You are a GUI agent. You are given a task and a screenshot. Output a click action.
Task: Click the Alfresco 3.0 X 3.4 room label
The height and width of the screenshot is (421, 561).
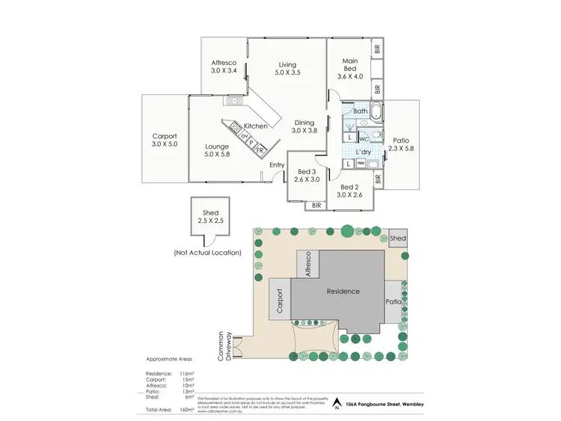[x=224, y=67]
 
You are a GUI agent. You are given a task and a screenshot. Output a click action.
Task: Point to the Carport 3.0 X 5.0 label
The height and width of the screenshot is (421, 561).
[x=165, y=140]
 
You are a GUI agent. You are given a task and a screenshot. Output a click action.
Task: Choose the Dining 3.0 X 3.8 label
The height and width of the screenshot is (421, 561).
[x=304, y=126]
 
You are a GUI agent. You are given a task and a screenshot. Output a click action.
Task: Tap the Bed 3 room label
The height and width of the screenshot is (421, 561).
[x=306, y=176]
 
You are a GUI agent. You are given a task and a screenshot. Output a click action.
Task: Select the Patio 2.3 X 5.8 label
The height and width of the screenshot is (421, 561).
[x=402, y=144]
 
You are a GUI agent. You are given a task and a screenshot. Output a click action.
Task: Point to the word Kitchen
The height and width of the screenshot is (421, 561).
[x=255, y=127]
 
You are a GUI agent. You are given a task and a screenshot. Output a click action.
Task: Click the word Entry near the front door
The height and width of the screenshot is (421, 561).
[x=277, y=165]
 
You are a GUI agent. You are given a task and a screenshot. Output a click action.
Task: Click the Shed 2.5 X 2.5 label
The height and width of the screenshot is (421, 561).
[x=211, y=217]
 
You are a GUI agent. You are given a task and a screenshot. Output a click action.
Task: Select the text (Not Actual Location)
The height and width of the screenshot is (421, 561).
[x=207, y=253]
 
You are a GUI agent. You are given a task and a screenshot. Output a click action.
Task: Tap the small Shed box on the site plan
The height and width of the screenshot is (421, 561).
[x=398, y=238]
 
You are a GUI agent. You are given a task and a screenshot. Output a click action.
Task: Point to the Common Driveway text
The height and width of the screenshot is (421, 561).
[x=225, y=346]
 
